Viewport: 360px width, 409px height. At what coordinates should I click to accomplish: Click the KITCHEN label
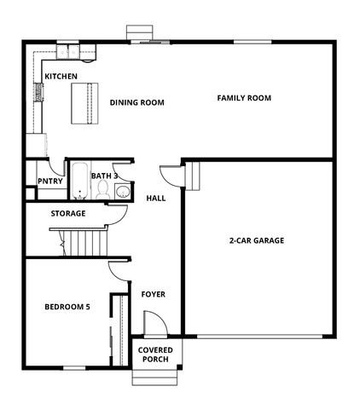[x=61, y=76]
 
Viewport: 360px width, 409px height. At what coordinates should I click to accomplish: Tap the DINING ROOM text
[x=136, y=102]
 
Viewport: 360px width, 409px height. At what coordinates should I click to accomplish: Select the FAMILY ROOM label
[x=244, y=98]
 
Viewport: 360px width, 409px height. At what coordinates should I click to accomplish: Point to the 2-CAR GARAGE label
[x=256, y=240]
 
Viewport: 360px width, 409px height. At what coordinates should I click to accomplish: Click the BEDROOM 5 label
[x=67, y=306]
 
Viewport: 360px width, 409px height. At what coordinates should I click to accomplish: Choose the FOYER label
[x=153, y=295]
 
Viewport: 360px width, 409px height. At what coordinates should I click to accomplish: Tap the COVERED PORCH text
[x=155, y=354]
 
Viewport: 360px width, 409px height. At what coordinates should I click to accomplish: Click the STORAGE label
[x=67, y=213]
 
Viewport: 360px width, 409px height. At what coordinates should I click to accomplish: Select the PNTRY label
[x=49, y=180]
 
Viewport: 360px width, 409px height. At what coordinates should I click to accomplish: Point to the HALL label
[x=155, y=198]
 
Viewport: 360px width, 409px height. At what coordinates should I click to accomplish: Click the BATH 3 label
[x=104, y=176]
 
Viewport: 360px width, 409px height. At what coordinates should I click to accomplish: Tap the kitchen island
[x=84, y=103]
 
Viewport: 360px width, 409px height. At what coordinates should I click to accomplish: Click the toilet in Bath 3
[x=102, y=192]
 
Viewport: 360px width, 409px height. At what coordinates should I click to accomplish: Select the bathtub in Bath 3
[x=78, y=181]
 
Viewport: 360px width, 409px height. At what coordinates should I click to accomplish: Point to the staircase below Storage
[x=86, y=245]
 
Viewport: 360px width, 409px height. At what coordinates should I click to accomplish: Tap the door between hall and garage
[x=172, y=176]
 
